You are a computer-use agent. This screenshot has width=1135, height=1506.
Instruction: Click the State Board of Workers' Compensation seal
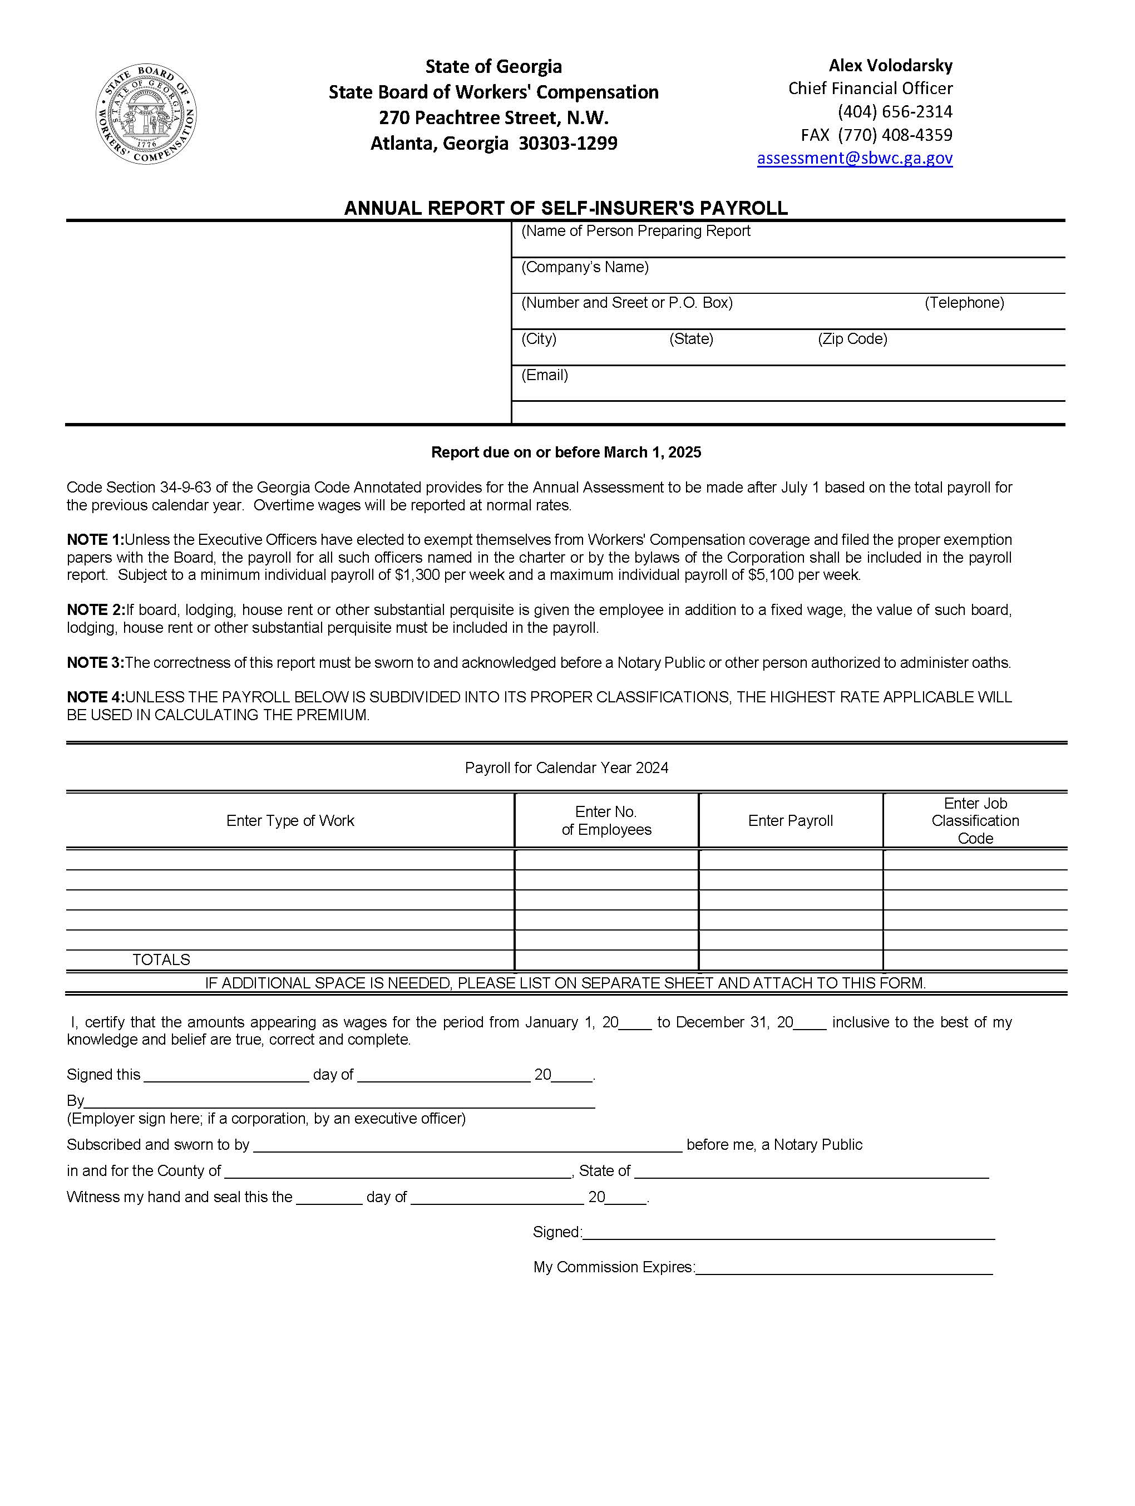[x=146, y=115]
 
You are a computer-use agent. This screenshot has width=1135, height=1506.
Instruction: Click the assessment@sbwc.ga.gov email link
[x=854, y=158]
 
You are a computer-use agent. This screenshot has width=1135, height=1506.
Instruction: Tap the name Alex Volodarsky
[x=890, y=66]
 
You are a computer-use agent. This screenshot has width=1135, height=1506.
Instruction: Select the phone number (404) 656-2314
[x=894, y=112]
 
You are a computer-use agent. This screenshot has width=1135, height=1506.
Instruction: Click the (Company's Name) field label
[x=585, y=267]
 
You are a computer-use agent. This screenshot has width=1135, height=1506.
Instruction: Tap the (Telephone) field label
[x=964, y=303]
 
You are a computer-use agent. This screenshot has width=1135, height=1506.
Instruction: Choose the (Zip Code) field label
[x=852, y=339]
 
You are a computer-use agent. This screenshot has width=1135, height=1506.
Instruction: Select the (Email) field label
[x=544, y=375]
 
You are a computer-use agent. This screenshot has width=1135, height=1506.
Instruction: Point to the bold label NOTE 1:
[x=95, y=540]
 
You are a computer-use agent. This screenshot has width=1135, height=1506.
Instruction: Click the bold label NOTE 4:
[x=95, y=697]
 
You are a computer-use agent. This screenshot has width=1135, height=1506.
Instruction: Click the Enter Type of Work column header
[x=290, y=820]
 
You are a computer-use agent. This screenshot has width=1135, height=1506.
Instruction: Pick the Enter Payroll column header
[x=790, y=820]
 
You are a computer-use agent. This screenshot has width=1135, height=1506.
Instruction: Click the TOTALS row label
[x=161, y=959]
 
